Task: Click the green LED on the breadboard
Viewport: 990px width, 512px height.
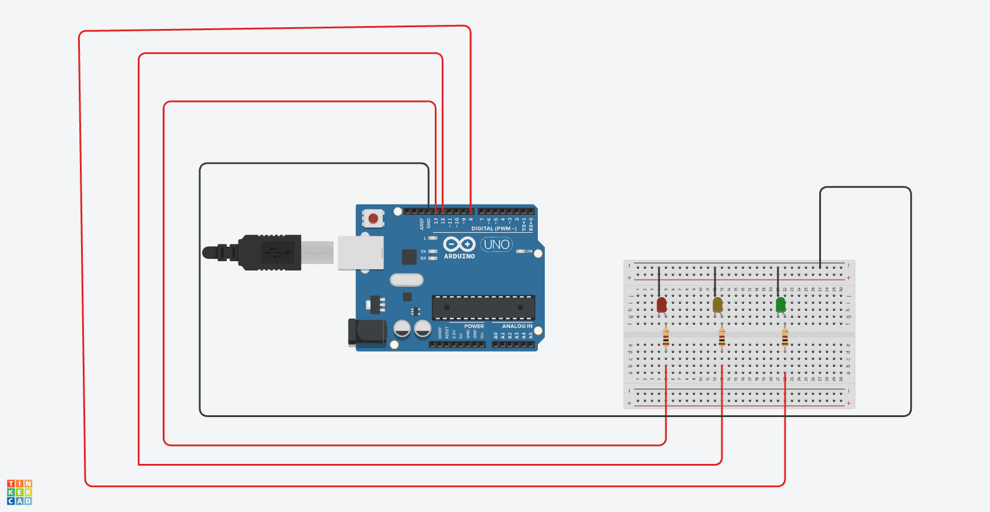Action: tap(780, 305)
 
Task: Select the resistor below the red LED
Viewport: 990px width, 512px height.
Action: tap(666, 338)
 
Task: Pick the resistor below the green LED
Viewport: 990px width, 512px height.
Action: tap(784, 338)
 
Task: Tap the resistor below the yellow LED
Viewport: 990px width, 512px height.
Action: tap(721, 338)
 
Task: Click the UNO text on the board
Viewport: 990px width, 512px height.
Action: tap(496, 244)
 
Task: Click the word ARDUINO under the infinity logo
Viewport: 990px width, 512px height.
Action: tap(459, 256)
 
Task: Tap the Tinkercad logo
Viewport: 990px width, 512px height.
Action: tap(19, 492)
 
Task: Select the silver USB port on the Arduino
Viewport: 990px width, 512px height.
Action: tap(360, 253)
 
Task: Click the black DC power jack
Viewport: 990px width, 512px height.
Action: tap(366, 332)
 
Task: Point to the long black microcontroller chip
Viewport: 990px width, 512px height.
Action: tap(483, 308)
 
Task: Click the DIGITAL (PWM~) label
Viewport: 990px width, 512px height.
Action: tap(493, 229)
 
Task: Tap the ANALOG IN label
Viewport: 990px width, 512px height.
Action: tap(516, 326)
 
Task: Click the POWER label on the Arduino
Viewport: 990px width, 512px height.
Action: tap(474, 326)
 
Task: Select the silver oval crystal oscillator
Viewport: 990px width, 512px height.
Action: tap(406, 280)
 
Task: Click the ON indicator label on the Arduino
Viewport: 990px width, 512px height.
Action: tap(529, 251)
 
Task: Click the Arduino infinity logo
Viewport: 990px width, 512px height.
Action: tap(459, 244)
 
